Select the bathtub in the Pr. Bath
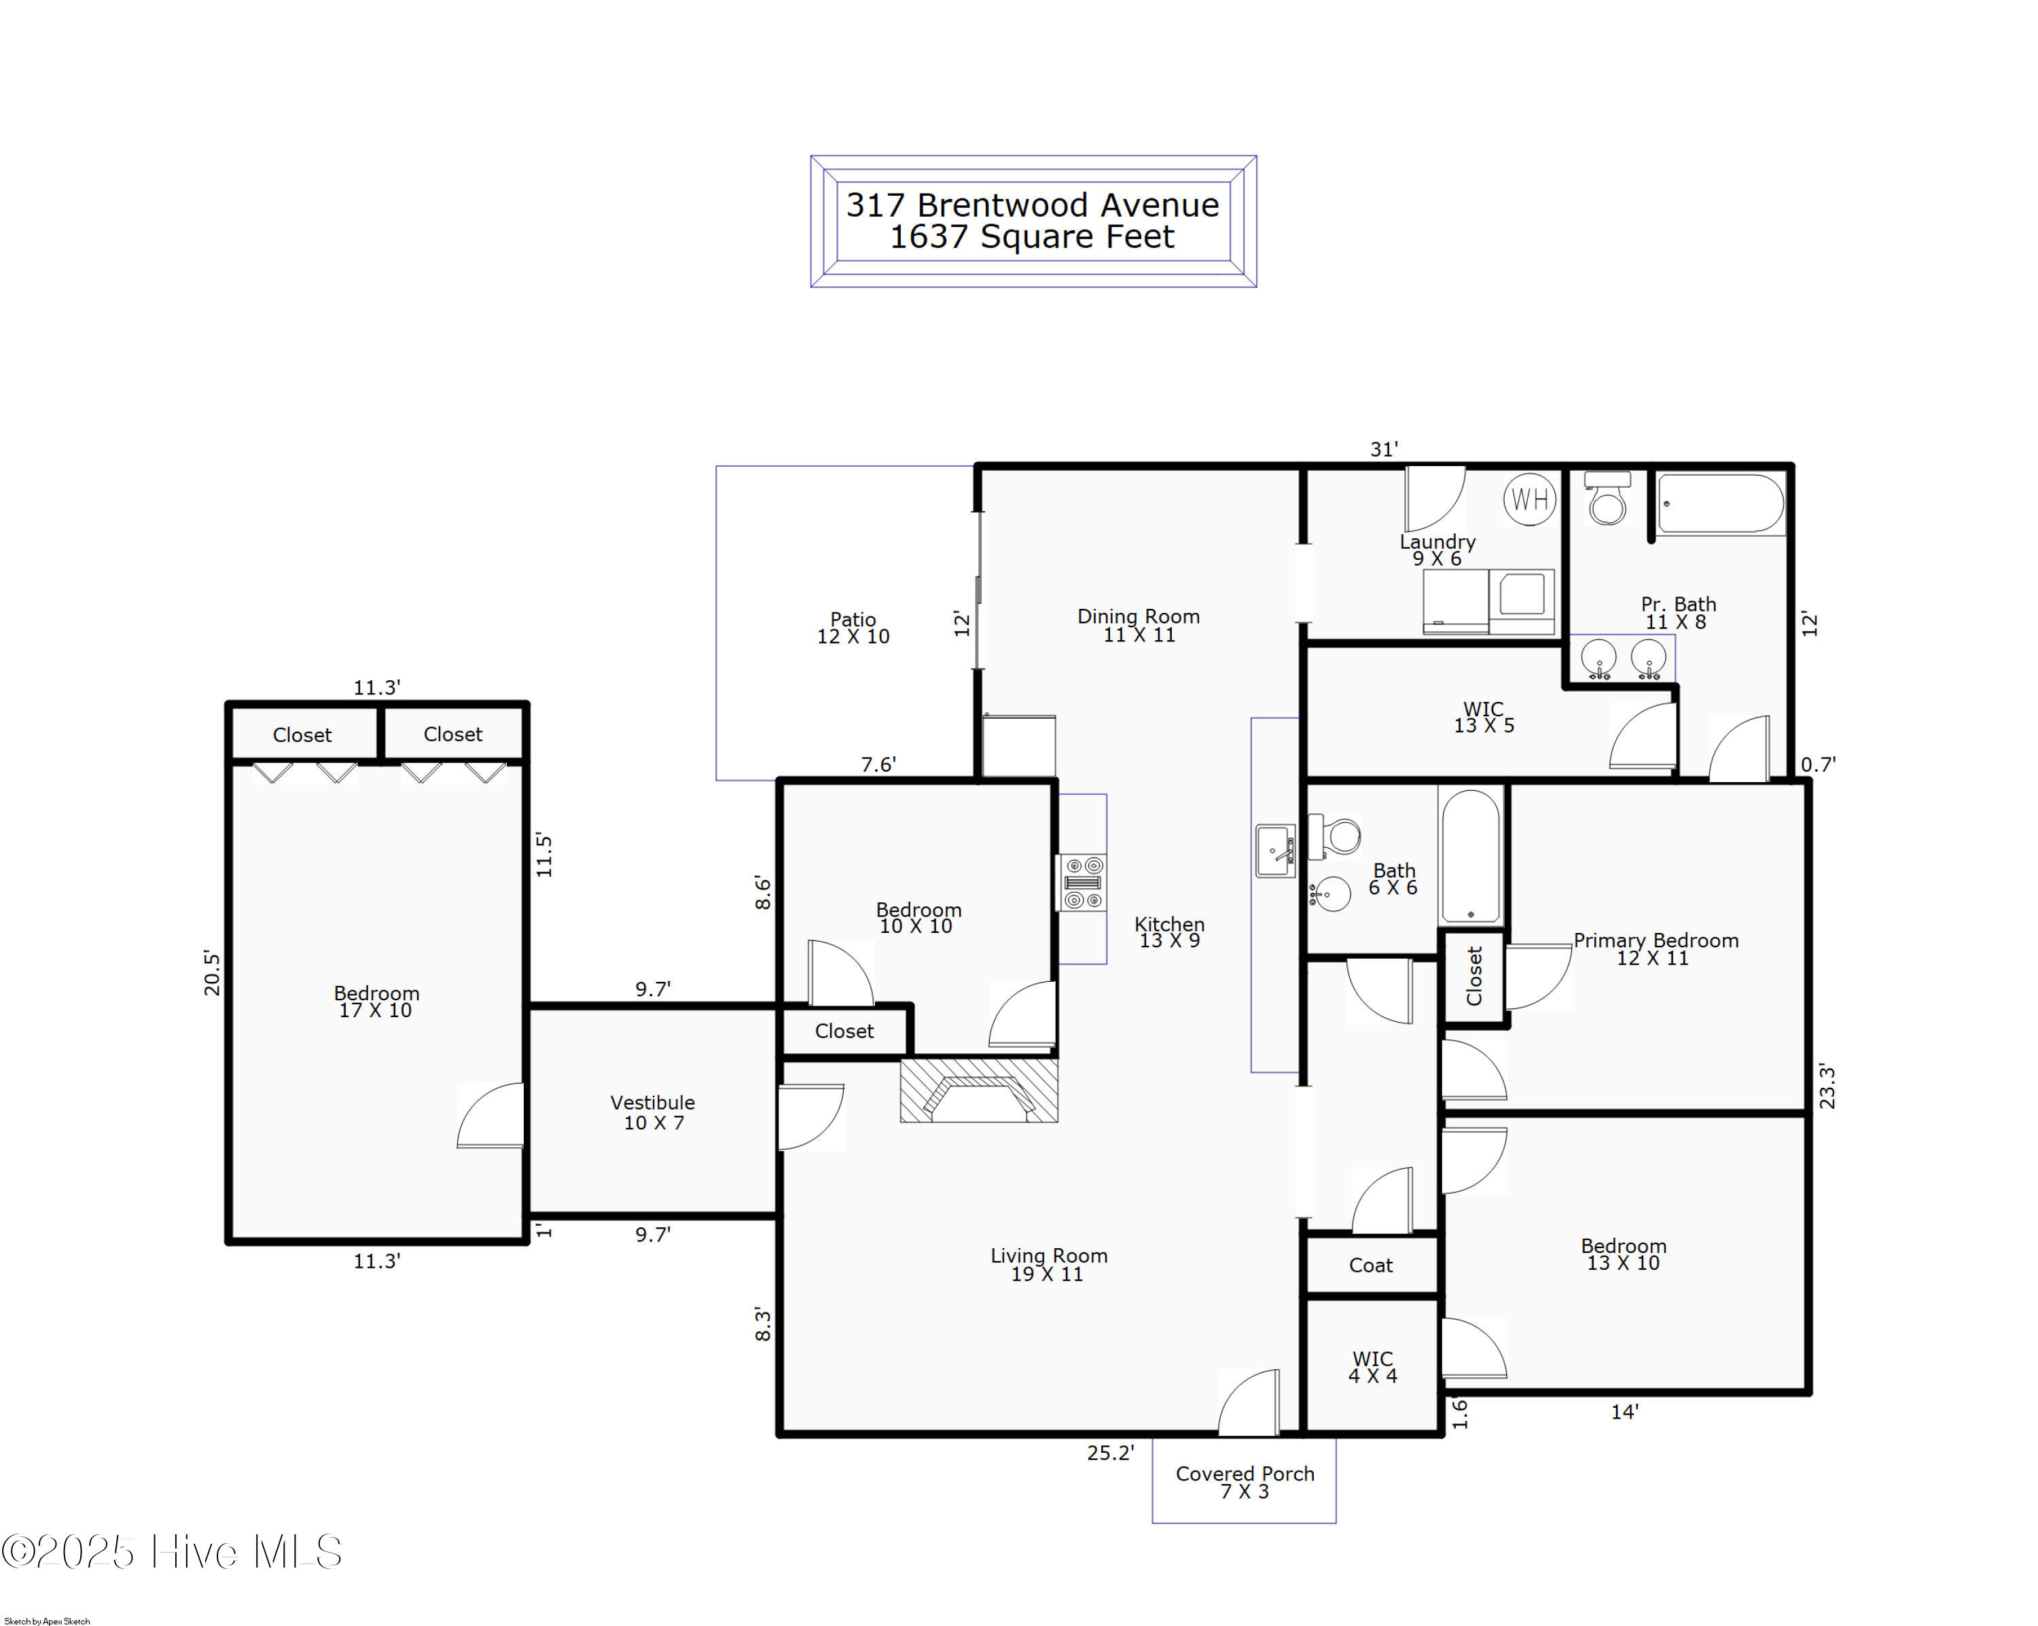(x=1720, y=504)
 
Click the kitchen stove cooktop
(x=1082, y=883)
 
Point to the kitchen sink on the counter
(x=1275, y=851)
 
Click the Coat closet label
(x=1371, y=1266)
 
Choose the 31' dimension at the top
(x=1384, y=450)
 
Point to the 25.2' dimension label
(x=1110, y=1453)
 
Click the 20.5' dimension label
(x=212, y=974)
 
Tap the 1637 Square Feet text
(x=1032, y=236)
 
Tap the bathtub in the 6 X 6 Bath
(x=1470, y=855)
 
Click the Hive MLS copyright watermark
(x=171, y=1552)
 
